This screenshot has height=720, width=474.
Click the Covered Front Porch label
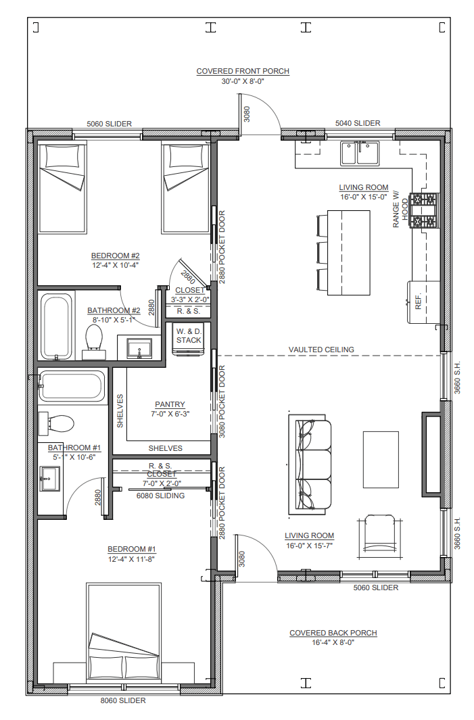[x=243, y=71]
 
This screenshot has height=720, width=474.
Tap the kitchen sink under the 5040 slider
[x=360, y=153]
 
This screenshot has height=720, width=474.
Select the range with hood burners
[x=425, y=210]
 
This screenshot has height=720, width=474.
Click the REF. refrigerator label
[x=418, y=302]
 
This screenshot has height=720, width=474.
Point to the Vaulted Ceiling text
[x=321, y=350]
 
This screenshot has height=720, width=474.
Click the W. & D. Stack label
[x=189, y=336]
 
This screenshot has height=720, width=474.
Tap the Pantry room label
[x=170, y=404]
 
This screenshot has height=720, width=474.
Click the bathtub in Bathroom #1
[x=72, y=386]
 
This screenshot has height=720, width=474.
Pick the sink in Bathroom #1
[x=49, y=479]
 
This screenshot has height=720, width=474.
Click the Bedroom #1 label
[x=132, y=549]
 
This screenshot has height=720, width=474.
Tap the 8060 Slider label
[x=123, y=700]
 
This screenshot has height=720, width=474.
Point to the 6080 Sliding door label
[x=160, y=496]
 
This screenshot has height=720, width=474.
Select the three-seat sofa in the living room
[x=310, y=465]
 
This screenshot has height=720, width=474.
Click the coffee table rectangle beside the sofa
[x=381, y=459]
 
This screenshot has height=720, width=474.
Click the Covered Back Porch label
[x=333, y=633]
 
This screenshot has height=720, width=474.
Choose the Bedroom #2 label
[x=115, y=256]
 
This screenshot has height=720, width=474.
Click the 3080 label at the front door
[x=247, y=114]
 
